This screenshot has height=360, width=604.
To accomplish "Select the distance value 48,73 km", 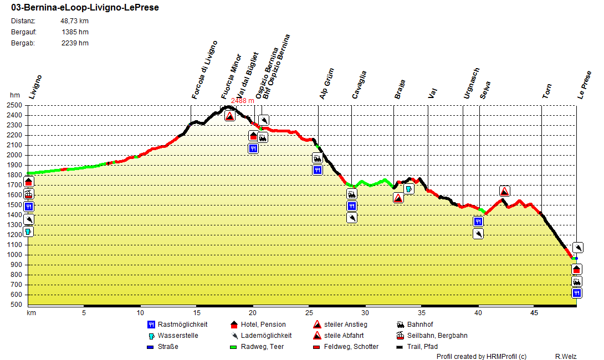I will coord(74,21).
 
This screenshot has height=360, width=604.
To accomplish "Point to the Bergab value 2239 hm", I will coord(75,43).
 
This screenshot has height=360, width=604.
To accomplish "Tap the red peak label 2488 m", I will coord(242,100).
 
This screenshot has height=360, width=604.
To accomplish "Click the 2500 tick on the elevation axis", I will coord(15,105).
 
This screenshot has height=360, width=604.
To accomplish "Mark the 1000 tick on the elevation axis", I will coord(15,255).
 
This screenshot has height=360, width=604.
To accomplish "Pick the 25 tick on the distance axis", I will coord(308,313).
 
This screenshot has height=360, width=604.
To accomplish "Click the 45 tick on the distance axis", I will coord(533,313).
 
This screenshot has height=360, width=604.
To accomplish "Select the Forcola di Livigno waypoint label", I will coord(204,70).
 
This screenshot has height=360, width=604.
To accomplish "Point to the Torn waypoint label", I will coord(547,91).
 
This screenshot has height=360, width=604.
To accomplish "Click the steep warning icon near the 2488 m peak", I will coord(230,116).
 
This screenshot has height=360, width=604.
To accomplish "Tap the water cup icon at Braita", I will coord(409,189).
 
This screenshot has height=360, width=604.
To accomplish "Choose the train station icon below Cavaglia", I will coord(352,194).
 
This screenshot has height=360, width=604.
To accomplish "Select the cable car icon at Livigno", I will coord(29,194).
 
